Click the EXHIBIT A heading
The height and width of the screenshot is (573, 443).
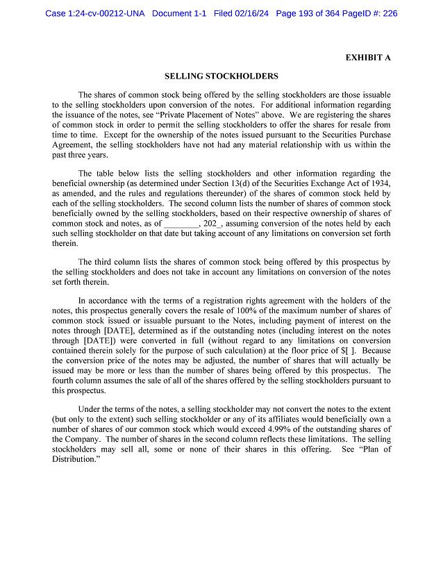[x=367, y=58]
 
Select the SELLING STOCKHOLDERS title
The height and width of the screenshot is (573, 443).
[x=221, y=76]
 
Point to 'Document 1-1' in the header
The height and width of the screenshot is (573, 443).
[x=179, y=13]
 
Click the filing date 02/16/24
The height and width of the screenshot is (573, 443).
[x=250, y=13]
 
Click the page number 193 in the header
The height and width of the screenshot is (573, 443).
[x=312, y=13]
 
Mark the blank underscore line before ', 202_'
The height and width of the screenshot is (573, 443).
[x=181, y=224]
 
